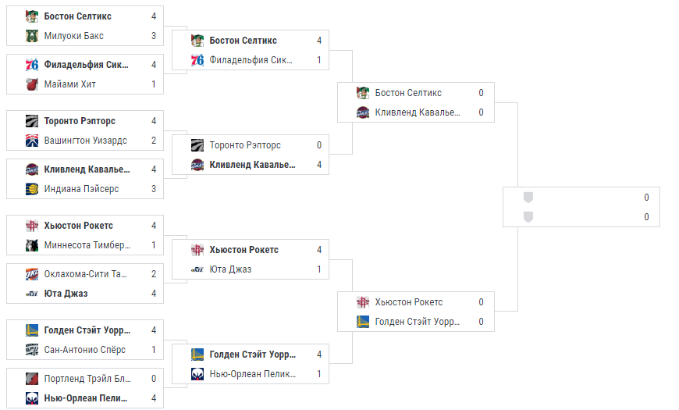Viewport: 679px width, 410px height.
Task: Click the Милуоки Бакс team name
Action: pyautogui.click(x=74, y=36)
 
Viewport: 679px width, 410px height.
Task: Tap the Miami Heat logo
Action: pyautogui.click(x=31, y=84)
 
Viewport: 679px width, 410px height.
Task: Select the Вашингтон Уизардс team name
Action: pyautogui.click(x=86, y=141)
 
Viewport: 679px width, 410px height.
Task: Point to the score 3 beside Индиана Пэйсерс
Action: pyautogui.click(x=154, y=189)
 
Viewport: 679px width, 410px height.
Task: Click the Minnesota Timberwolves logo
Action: pyautogui.click(x=31, y=245)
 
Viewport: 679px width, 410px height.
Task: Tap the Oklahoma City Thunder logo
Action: pyautogui.click(x=31, y=274)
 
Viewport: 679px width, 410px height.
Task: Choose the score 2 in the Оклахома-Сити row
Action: pyautogui.click(x=154, y=274)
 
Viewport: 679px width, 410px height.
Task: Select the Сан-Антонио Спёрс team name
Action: pyautogui.click(x=85, y=350)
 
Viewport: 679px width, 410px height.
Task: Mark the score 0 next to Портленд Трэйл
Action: pyautogui.click(x=154, y=379)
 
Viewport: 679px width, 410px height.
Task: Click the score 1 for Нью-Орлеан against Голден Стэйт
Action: pyautogui.click(x=319, y=374)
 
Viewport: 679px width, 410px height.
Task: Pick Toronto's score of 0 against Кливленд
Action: pyautogui.click(x=319, y=145)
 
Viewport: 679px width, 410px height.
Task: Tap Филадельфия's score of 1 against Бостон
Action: pyautogui.click(x=319, y=60)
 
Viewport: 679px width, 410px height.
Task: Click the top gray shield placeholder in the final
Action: pyautogui.click(x=528, y=198)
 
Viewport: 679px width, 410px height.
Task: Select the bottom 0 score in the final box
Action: pyautogui.click(x=646, y=216)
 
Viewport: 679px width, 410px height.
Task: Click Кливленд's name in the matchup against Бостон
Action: pyautogui.click(x=418, y=112)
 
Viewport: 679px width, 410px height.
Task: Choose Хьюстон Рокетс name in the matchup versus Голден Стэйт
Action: pyautogui.click(x=408, y=302)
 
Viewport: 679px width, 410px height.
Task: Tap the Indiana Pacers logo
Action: pyautogui.click(x=31, y=189)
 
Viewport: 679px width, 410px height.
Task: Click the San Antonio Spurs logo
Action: pyautogui.click(x=31, y=350)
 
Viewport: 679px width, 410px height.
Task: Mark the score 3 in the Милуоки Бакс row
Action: pyautogui.click(x=154, y=36)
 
